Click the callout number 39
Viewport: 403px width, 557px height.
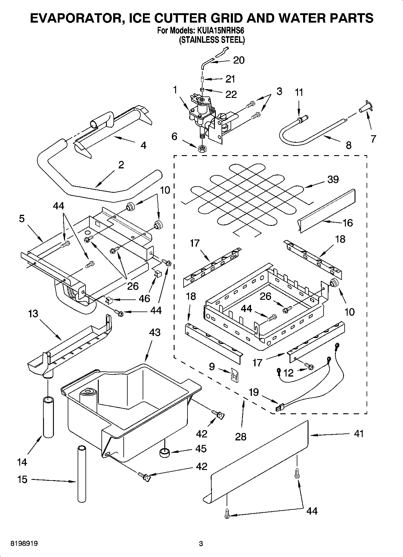(333, 180)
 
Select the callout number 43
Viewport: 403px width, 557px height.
(155, 333)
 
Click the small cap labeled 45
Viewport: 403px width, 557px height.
(165, 452)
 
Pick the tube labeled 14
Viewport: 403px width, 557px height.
(48, 417)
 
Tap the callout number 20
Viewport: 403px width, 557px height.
(239, 60)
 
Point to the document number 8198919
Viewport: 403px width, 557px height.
(24, 544)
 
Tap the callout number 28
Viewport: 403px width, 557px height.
(241, 437)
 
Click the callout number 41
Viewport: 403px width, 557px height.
(359, 434)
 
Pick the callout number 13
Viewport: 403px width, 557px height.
(33, 314)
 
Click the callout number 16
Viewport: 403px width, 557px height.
(348, 223)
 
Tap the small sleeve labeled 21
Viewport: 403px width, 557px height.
(203, 80)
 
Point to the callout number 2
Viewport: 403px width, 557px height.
(121, 165)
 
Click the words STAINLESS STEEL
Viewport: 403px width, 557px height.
(212, 40)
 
